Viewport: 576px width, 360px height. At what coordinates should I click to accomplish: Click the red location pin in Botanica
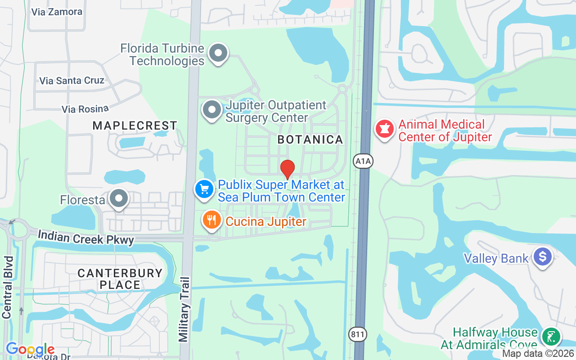click(x=288, y=169)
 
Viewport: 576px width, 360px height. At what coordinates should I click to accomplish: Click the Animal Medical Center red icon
click(x=384, y=129)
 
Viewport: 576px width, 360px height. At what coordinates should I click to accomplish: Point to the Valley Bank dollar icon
click(x=542, y=256)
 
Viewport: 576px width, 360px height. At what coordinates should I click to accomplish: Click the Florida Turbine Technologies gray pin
click(x=219, y=53)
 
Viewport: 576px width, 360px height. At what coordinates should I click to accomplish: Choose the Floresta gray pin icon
click(x=119, y=198)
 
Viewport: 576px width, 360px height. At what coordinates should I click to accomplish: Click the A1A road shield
click(x=363, y=161)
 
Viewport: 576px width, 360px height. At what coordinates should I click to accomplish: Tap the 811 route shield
click(x=358, y=334)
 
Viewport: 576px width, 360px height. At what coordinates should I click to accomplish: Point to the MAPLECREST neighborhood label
click(x=135, y=126)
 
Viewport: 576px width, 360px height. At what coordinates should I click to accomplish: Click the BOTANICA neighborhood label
click(x=310, y=139)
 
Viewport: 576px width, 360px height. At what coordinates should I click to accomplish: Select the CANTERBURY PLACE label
click(x=120, y=279)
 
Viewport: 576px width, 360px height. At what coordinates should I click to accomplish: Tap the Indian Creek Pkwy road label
click(x=86, y=238)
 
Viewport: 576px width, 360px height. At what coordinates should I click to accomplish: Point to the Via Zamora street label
click(x=57, y=12)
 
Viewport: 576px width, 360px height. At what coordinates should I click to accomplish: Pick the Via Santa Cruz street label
click(x=72, y=81)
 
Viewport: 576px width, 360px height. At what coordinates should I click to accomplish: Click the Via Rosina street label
click(x=85, y=109)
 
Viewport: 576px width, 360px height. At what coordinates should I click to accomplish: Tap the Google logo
click(x=30, y=349)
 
